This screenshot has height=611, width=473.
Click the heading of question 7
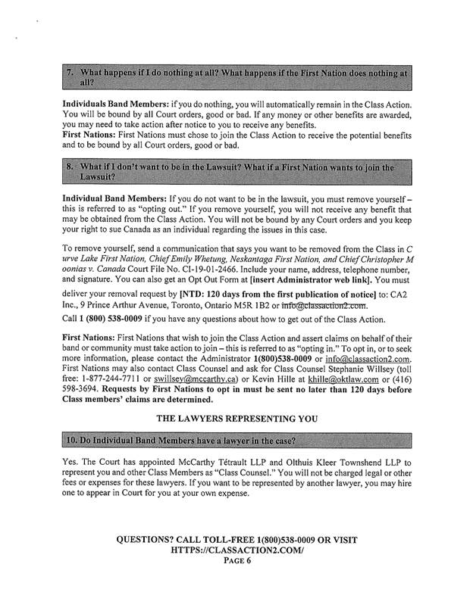(x=236, y=77)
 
